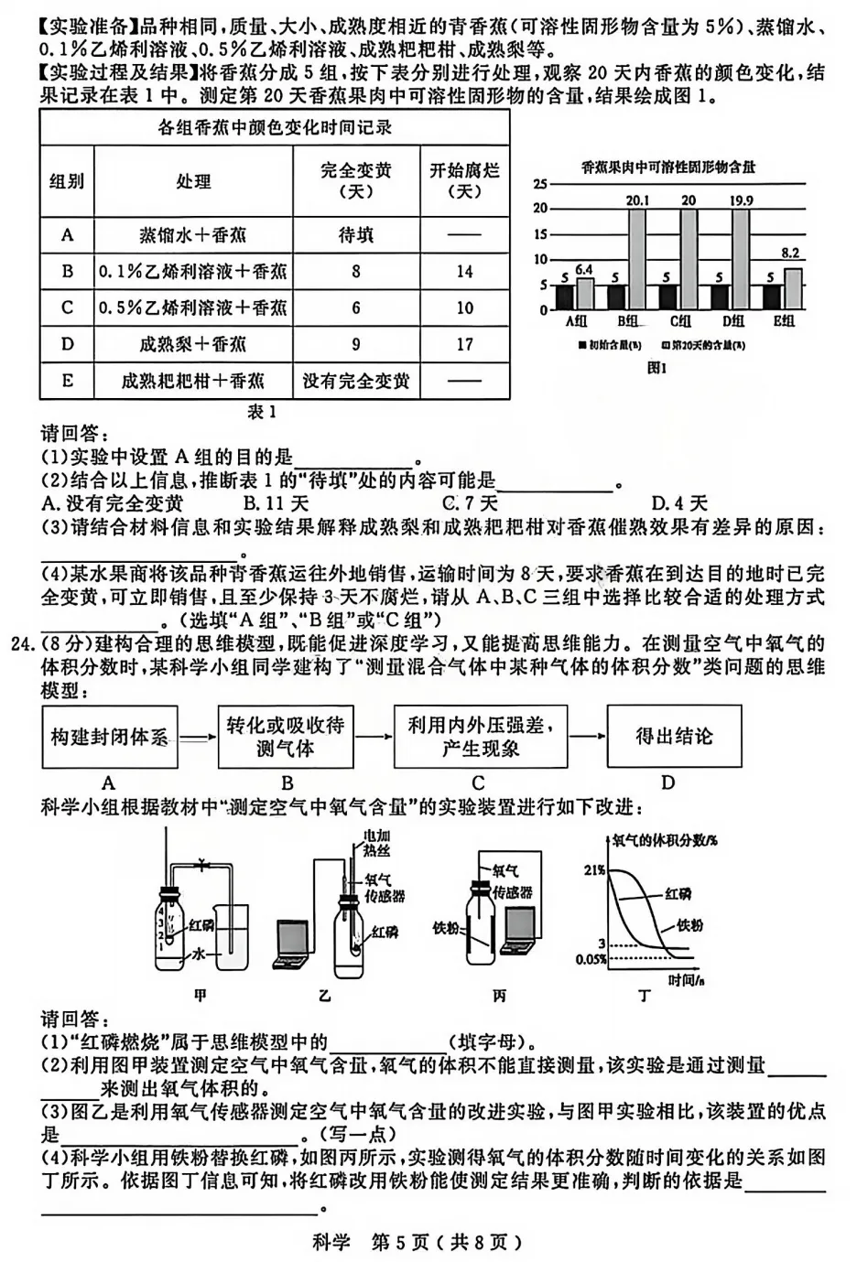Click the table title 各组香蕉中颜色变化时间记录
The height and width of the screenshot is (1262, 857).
[x=274, y=128]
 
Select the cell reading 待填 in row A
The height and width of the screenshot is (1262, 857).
[x=355, y=235]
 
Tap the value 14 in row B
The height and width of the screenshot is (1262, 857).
[x=464, y=272]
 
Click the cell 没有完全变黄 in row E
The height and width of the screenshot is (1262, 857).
[x=355, y=381]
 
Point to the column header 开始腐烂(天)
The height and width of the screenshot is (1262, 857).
[x=464, y=180]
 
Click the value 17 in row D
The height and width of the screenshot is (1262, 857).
[x=464, y=344]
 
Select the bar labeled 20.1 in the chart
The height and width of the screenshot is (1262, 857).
[x=637, y=260]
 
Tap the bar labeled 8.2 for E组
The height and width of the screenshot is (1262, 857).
[x=793, y=288]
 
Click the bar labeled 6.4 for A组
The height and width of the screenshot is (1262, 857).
[x=585, y=294]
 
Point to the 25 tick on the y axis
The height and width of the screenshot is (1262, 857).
[x=540, y=184]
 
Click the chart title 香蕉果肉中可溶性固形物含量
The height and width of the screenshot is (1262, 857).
[x=668, y=167]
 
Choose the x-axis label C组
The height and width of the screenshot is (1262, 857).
[x=680, y=321]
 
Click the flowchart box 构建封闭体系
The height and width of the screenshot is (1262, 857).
[x=109, y=737]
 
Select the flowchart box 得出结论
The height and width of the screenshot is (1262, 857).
[x=674, y=737]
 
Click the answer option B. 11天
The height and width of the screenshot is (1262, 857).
[x=276, y=503]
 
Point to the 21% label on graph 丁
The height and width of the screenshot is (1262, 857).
[x=593, y=870]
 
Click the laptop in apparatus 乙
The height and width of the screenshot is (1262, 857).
[x=294, y=943]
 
